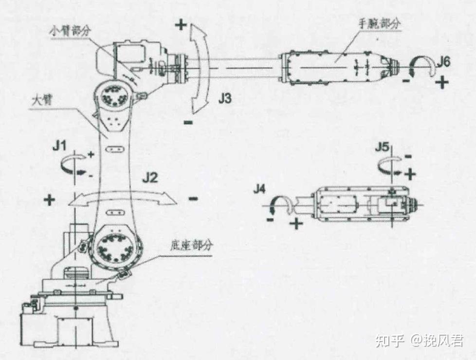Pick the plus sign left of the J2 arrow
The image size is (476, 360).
49,199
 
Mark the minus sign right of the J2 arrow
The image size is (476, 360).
193,198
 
